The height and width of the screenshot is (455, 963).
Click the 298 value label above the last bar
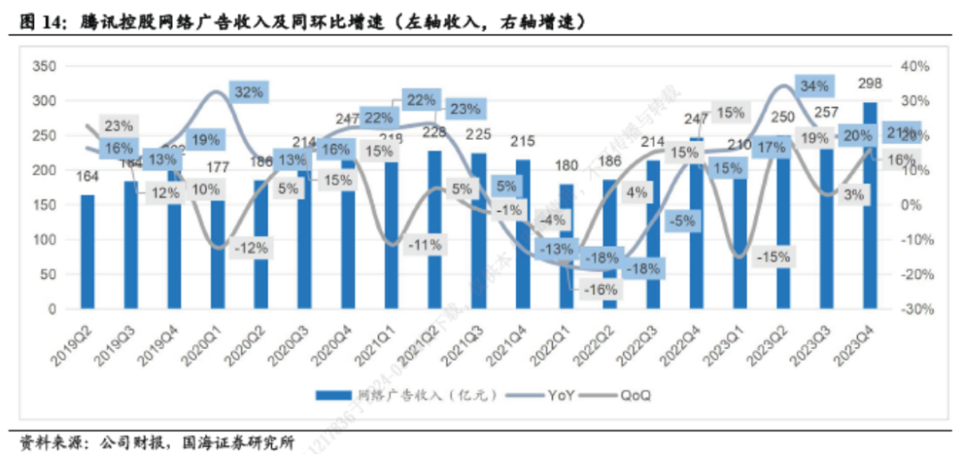point(869,85)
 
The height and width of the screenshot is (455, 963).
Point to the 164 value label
point(87,176)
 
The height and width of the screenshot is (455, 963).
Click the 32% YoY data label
point(249,91)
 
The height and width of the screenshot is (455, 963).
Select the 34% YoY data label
point(814,86)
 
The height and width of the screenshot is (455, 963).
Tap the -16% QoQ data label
point(599,289)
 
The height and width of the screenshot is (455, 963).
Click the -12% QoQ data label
point(249,248)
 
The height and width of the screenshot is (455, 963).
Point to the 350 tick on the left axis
point(44,66)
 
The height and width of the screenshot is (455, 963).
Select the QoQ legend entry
point(630,394)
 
